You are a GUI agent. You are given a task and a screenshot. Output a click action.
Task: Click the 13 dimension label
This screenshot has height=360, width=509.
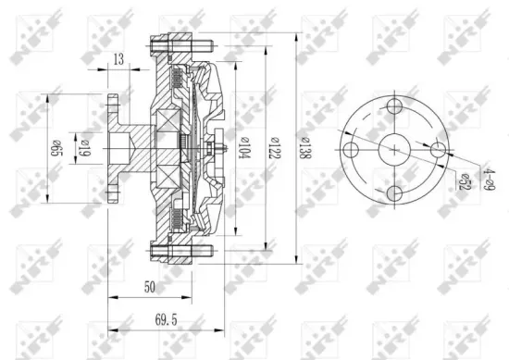[x=118, y=60]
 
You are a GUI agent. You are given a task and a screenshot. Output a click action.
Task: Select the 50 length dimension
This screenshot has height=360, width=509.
[x=149, y=288]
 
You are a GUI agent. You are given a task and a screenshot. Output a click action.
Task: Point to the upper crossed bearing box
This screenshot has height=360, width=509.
[x=168, y=120]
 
